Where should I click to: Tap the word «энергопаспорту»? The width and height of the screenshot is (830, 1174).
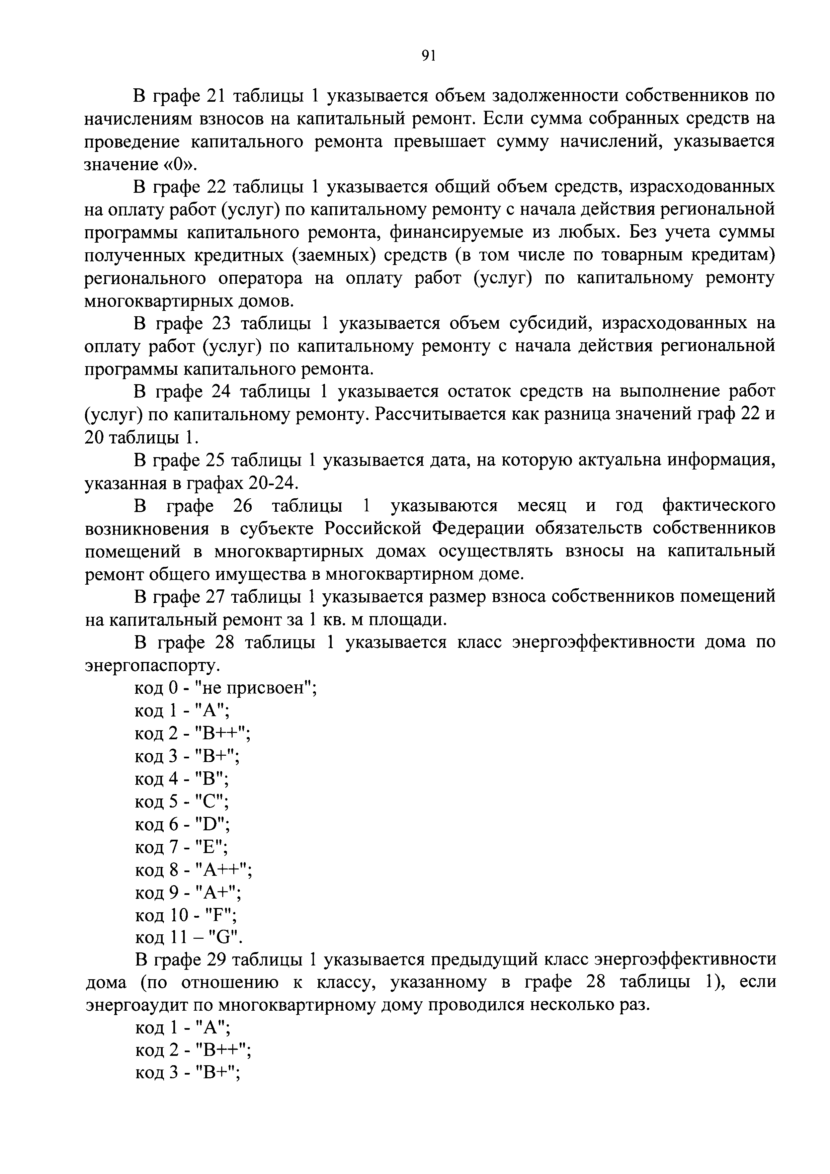point(152,666)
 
